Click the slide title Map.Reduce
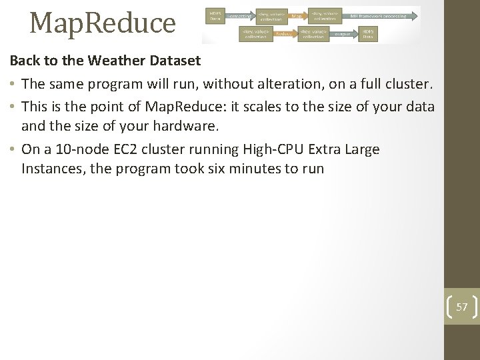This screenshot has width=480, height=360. click(x=102, y=23)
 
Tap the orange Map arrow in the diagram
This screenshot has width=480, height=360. click(x=296, y=14)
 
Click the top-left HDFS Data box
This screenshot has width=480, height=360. click(x=215, y=14)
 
